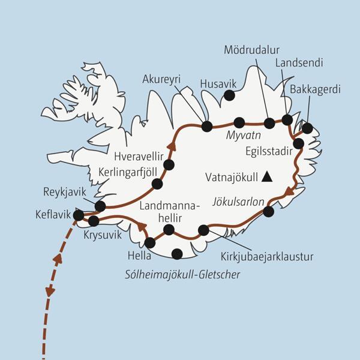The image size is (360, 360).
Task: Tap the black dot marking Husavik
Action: click(229, 95)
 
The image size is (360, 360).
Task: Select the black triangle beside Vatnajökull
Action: click(266, 176)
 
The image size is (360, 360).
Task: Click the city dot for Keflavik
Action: click(78, 214)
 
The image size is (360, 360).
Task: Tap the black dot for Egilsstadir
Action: click(298, 143)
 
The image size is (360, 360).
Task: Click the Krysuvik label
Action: click(102, 235)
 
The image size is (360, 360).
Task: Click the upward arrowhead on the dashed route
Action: click(58, 259)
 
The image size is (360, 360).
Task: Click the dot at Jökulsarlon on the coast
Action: click(268, 211)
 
